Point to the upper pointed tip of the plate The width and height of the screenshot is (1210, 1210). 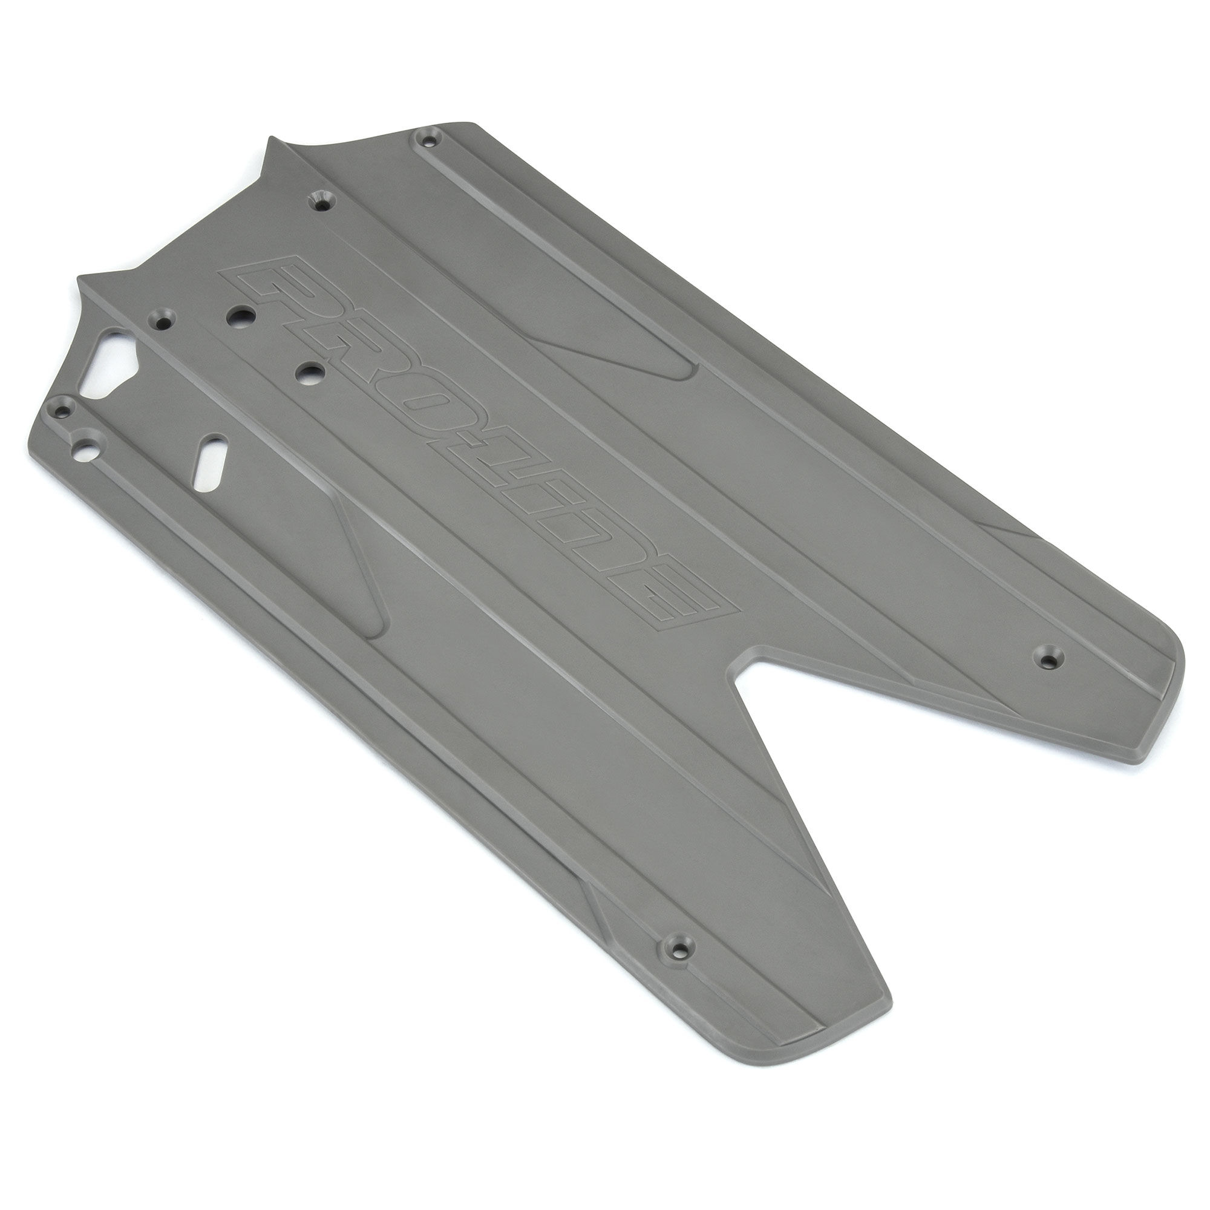[x=270, y=139]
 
